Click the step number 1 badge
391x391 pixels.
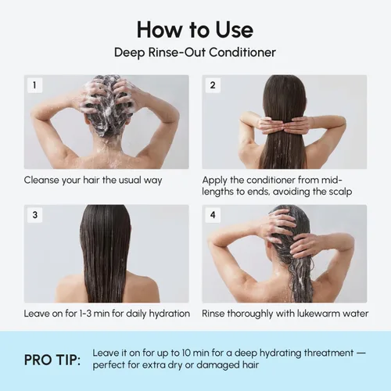pos(34,85)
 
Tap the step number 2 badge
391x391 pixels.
pos(213,85)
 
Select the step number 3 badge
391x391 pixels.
pos(34,215)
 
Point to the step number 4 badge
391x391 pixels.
pos(213,215)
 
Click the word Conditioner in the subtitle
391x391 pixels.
pos(242,52)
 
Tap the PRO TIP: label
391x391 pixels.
pos(52,360)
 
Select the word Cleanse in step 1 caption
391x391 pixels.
pos(41,180)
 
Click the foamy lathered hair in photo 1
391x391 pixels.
pos(106,104)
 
